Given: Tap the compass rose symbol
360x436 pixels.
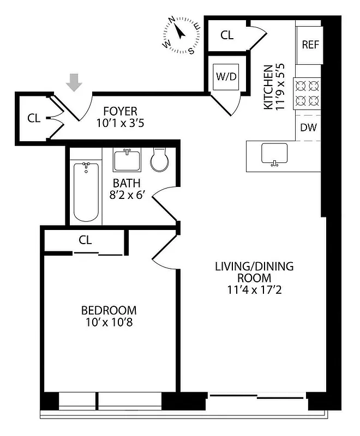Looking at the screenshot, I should click(179, 36).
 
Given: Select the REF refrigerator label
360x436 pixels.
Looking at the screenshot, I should click(310, 45).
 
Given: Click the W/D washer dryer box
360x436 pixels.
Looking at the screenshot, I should click(226, 76).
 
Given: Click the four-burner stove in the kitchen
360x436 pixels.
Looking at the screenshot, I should click(307, 93).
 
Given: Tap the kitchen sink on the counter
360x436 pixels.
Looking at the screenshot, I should click(274, 154).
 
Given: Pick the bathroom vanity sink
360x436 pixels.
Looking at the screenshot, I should click(127, 160).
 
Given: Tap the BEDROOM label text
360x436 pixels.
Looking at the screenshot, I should click(109, 311).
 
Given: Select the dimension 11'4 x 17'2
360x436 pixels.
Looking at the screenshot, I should click(254, 289).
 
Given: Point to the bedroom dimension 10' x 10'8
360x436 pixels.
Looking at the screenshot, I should click(108, 323).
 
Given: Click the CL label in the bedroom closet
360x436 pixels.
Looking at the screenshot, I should click(85, 240).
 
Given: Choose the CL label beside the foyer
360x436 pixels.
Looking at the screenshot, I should click(34, 118).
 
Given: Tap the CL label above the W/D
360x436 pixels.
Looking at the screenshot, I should click(227, 35).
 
